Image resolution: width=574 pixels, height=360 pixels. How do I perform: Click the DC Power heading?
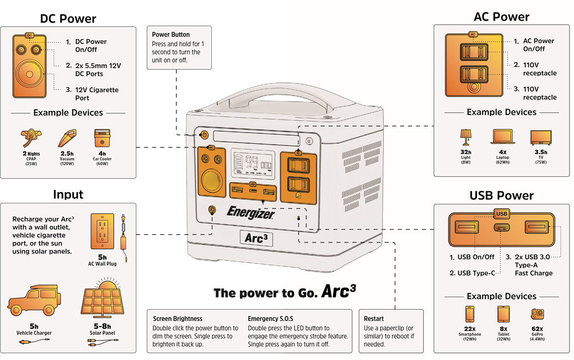68,19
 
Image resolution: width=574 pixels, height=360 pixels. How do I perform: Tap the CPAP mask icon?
32,138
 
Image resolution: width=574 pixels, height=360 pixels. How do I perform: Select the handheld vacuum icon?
67,138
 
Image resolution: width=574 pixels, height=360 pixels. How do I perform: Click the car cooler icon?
102,138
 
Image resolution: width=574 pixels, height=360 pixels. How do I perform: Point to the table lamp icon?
465,137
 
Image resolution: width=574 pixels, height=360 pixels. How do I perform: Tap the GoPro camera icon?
538,314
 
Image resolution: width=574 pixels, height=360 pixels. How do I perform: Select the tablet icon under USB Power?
503,314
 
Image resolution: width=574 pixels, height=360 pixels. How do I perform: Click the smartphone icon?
469,314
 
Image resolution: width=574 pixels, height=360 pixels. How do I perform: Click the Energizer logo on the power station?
251,212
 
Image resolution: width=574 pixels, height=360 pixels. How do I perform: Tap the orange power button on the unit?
204,135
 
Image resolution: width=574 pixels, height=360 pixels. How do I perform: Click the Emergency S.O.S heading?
270,319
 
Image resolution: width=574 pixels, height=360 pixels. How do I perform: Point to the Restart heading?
374,319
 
